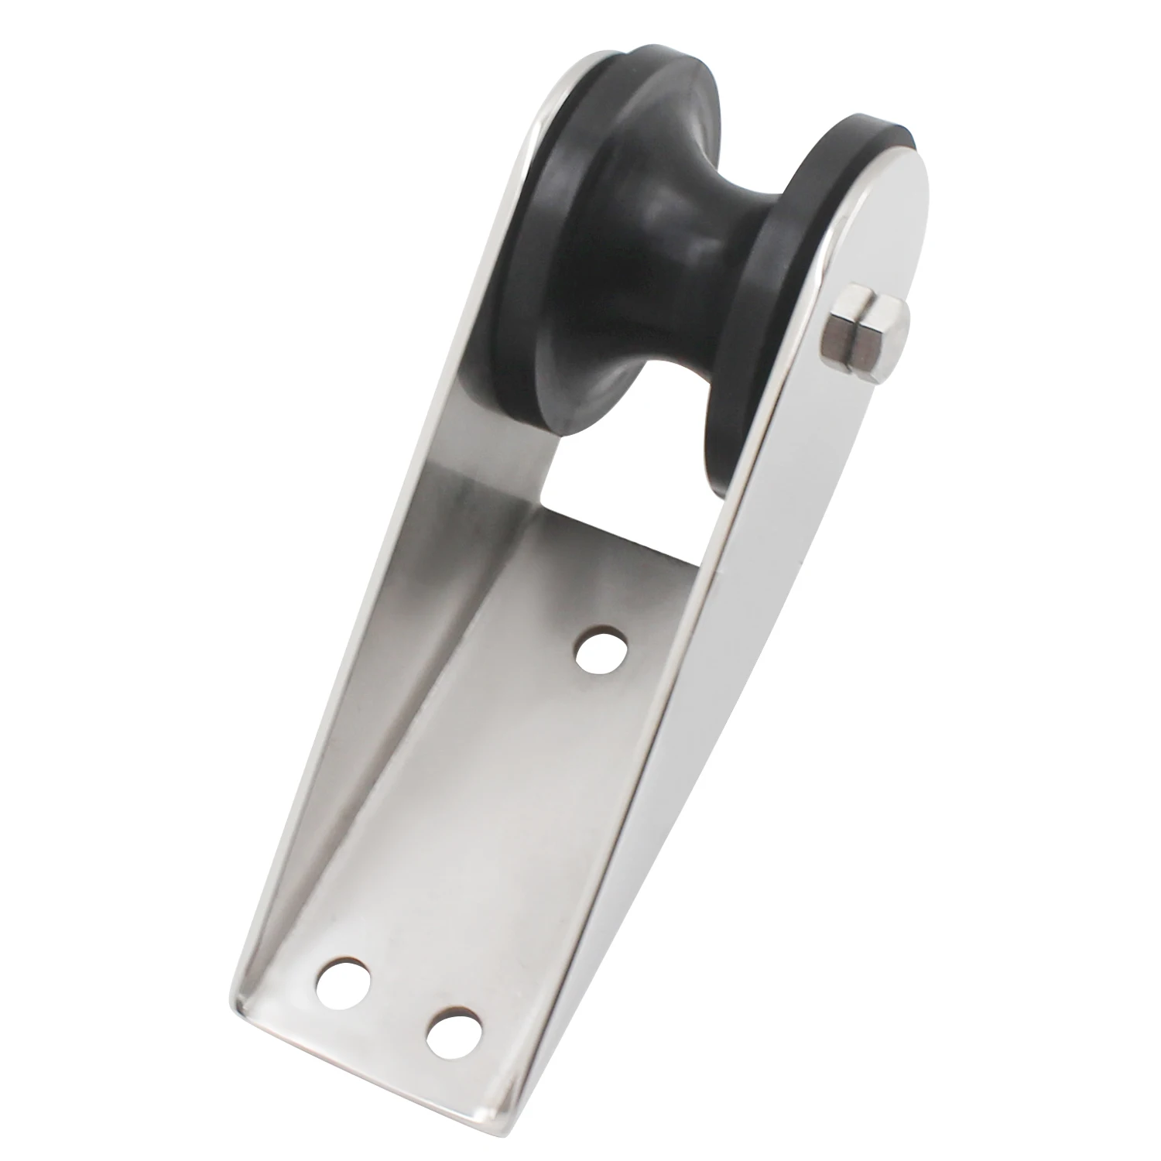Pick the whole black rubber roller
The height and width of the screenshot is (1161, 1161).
tap(658, 263)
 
